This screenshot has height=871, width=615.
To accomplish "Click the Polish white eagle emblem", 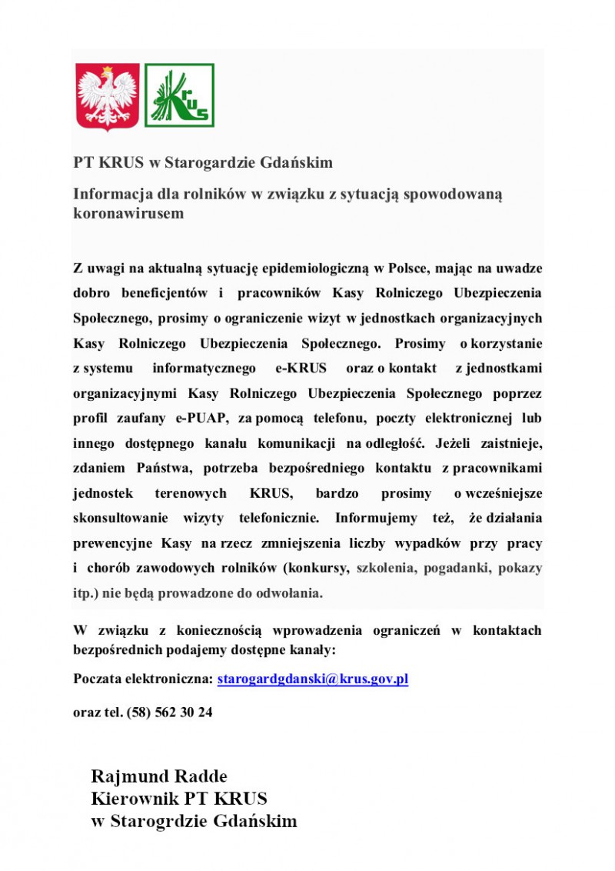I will coord(108,97).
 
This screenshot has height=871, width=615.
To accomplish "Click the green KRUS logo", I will coord(179,95).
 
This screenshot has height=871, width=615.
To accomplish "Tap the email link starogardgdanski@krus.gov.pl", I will coord(312,680).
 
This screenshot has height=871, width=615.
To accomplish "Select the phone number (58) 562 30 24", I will coord(164,712).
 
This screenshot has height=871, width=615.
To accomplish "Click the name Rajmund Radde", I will coord(159,775).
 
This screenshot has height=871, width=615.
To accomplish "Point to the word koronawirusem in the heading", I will coord(128,213).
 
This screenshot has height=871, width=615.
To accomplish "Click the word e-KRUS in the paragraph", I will coord(301,369).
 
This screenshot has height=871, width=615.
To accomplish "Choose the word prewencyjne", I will coord(113,543).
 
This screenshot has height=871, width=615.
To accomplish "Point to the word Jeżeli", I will coord(457,443).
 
